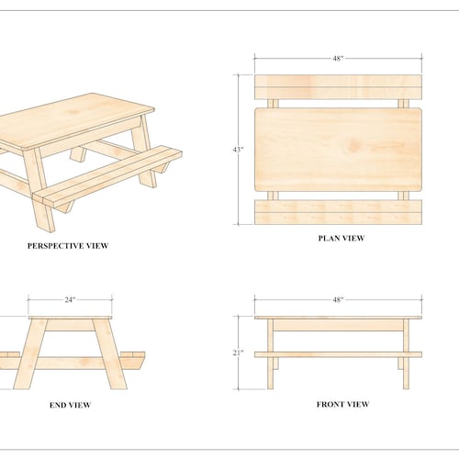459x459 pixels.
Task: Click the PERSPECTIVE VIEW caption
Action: coord(68,246)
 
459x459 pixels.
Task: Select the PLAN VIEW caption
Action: coord(341,239)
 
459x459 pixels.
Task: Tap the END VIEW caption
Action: coord(70,405)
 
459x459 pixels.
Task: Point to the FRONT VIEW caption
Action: coord(342,404)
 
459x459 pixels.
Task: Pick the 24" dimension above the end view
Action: coord(70,299)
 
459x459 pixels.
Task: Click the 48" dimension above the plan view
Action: coord(338,59)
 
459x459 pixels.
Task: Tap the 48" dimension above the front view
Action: coord(338,299)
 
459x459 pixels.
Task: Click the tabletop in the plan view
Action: coord(338,149)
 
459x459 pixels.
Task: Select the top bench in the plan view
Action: coord(338,86)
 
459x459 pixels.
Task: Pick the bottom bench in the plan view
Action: coord(338,212)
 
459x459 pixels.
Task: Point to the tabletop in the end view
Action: coord(70,319)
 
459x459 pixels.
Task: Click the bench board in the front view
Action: coord(338,353)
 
